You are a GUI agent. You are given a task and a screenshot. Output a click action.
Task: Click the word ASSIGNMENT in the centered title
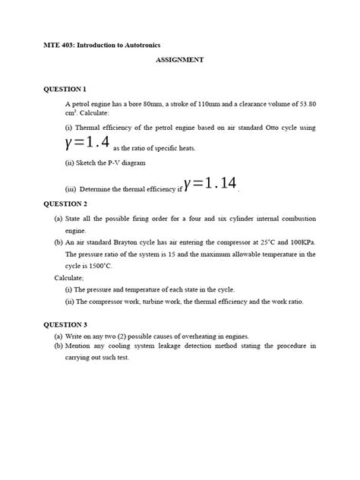180,59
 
